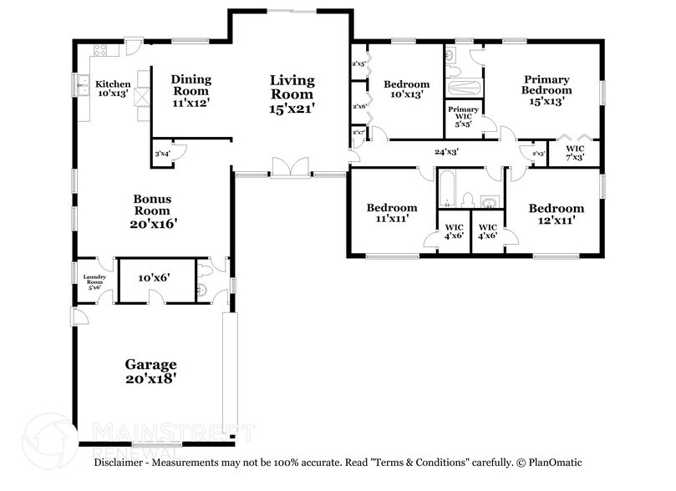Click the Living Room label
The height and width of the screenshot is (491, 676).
click(x=292, y=94)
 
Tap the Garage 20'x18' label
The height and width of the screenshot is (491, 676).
click(x=151, y=371)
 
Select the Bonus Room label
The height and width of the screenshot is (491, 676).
click(x=153, y=211)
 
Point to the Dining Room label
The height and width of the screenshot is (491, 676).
click(x=191, y=91)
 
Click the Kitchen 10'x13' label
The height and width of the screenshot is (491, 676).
click(x=113, y=89)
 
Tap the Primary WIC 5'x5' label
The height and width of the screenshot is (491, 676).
click(x=464, y=116)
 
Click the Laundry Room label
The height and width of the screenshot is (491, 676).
click(x=94, y=281)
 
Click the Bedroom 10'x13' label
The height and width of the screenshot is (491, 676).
click(x=406, y=89)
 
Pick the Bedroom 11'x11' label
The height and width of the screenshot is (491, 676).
click(x=392, y=214)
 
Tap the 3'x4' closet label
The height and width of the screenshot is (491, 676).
click(x=162, y=153)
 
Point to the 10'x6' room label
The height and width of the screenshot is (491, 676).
click(x=154, y=276)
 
